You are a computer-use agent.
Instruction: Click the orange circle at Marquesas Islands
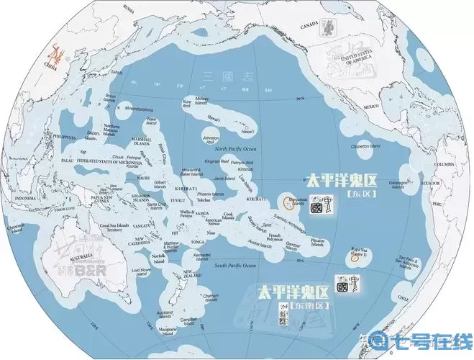point(288,202)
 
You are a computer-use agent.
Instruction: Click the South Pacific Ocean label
point(234,266)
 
